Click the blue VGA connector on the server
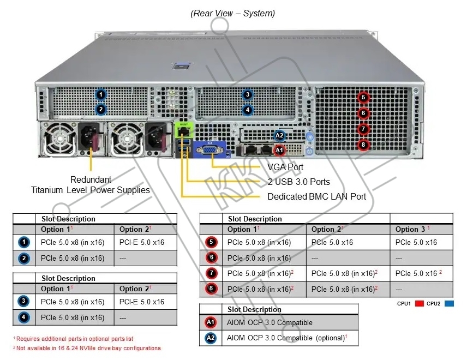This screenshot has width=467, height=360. click(x=211, y=149)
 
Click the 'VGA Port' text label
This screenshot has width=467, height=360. click(x=285, y=167)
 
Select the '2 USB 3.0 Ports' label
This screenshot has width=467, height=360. click(x=299, y=182)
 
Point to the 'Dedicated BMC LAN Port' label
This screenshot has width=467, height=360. click(x=316, y=196)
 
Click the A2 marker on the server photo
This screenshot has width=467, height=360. click(x=279, y=136)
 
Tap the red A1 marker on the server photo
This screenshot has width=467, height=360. click(x=279, y=151)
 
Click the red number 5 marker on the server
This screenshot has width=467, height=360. click(x=363, y=98)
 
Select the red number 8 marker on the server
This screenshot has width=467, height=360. click(x=363, y=145)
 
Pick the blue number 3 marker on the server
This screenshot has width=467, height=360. click(x=248, y=95)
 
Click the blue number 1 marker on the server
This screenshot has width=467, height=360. click(x=101, y=95)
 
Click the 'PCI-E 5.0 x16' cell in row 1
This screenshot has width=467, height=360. click(x=142, y=242)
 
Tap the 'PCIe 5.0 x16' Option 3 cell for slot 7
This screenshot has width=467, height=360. click(x=418, y=273)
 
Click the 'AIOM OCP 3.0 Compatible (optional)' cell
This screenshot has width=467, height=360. click(x=287, y=338)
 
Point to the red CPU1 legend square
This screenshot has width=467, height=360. click(x=420, y=303)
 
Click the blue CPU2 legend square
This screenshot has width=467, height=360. click(x=449, y=303)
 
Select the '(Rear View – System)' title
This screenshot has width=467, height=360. click(x=232, y=14)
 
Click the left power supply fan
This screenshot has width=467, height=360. click(x=59, y=139)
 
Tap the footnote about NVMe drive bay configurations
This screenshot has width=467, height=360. click(x=87, y=348)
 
